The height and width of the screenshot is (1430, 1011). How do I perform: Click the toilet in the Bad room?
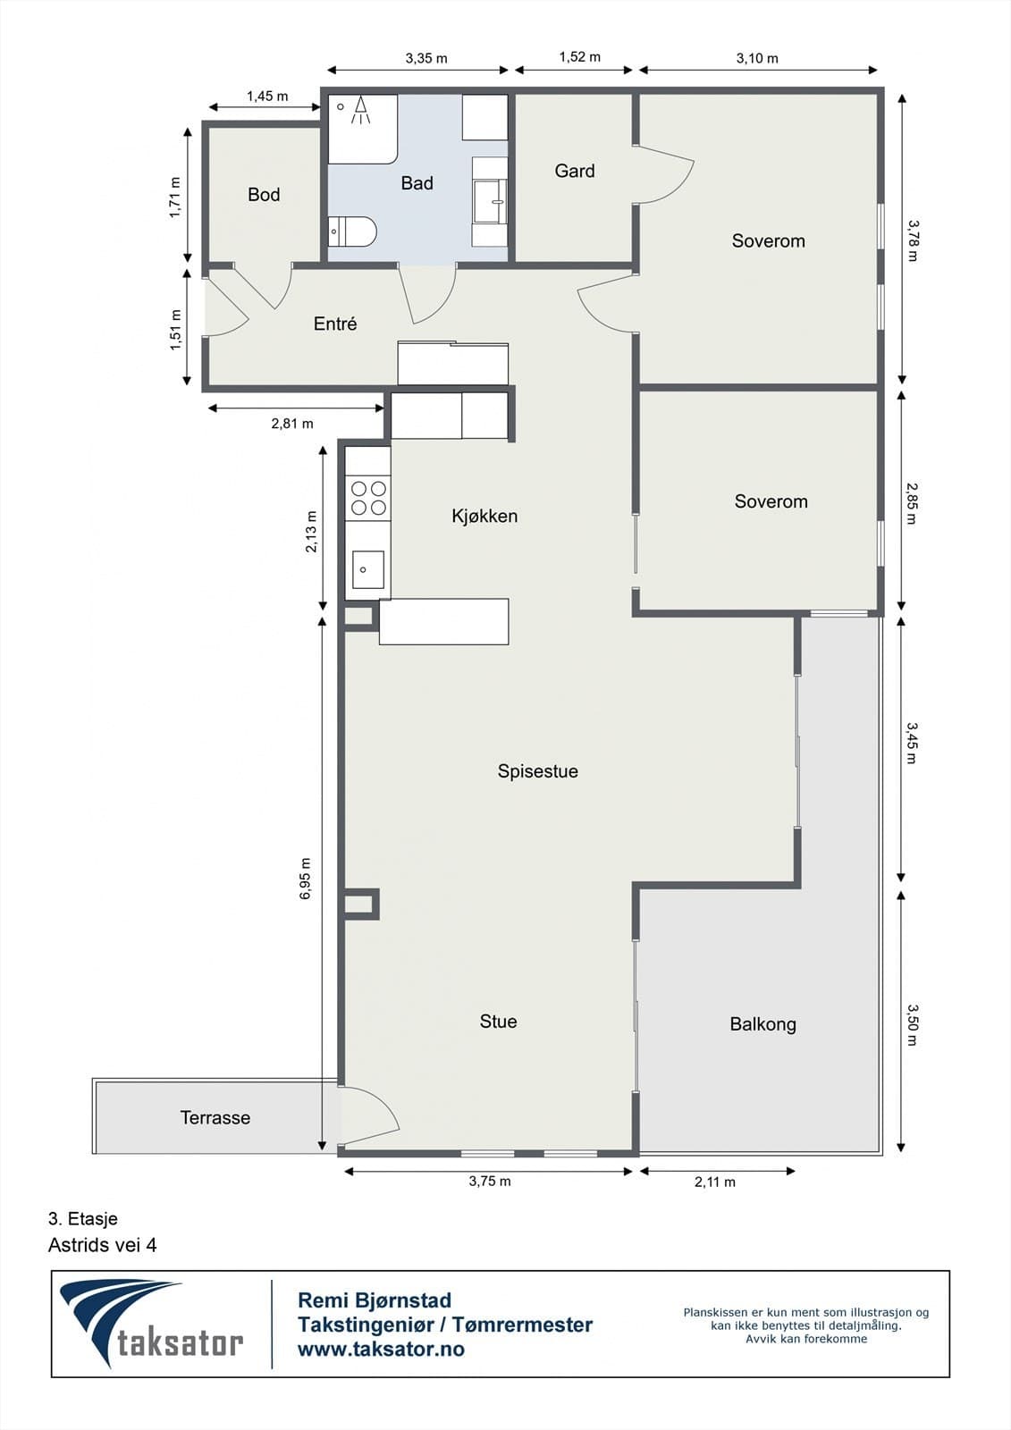point(352,231)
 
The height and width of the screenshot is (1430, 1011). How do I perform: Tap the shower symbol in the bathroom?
point(361,110)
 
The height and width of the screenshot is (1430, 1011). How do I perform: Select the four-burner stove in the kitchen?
point(368,498)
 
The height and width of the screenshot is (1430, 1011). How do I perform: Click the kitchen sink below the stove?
point(368,569)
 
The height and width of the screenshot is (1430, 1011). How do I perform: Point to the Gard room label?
point(575,171)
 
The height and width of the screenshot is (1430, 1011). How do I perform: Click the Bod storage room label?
point(264,194)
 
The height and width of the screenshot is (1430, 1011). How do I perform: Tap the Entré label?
point(334,324)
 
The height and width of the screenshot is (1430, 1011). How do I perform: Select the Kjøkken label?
point(484,516)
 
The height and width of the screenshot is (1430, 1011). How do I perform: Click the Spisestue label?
point(538,771)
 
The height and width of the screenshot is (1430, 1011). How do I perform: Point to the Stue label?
point(498,1022)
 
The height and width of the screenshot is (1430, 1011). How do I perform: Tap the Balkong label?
point(762,1024)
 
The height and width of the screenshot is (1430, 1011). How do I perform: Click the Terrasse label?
point(215,1118)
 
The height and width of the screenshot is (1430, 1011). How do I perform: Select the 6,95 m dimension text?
point(306,879)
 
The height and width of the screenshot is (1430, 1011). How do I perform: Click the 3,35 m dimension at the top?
point(426,58)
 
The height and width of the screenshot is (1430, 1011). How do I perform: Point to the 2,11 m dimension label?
point(714,1182)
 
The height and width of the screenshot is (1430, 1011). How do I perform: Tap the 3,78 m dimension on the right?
point(912,240)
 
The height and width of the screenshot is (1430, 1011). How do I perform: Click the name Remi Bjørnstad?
point(375,1300)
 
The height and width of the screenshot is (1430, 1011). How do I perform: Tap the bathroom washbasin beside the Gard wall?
point(490,201)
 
